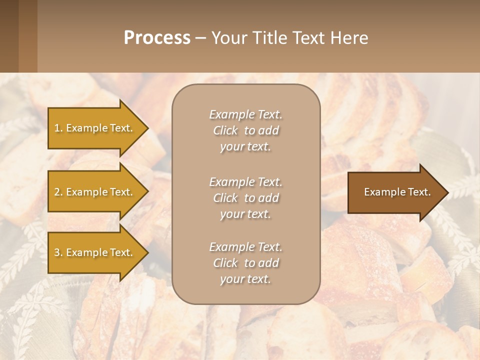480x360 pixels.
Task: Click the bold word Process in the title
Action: click(157, 38)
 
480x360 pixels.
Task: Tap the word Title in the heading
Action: click(270, 38)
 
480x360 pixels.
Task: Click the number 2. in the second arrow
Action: click(58, 192)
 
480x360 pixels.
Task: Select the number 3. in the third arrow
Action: click(58, 252)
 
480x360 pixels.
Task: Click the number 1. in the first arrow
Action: click(58, 128)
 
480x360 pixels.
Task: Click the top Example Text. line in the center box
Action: click(245, 114)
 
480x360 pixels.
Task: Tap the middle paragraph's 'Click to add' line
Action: click(245, 198)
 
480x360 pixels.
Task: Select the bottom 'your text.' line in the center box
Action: click(245, 279)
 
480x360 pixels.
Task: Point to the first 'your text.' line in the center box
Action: click(245, 146)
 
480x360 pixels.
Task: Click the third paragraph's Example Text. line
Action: click(245, 247)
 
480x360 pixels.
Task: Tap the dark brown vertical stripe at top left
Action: click(9, 36)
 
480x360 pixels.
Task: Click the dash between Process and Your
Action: click(200, 38)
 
